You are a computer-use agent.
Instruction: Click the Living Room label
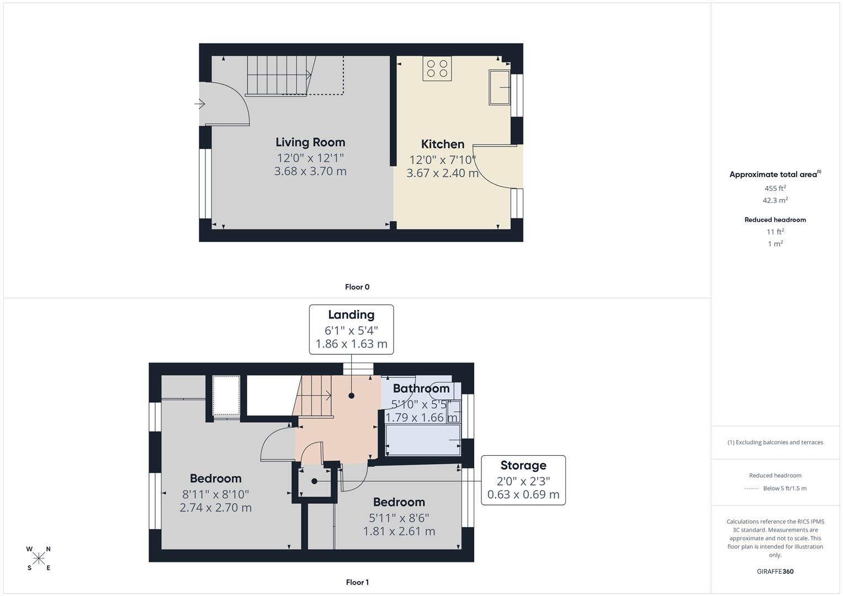[x=310, y=142]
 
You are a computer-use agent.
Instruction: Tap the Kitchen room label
[x=442, y=144]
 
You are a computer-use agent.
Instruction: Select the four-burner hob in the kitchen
[x=437, y=68]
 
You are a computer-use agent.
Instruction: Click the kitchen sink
[x=499, y=87]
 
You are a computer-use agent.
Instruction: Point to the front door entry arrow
[x=200, y=104]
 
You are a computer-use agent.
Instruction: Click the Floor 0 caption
[x=357, y=287]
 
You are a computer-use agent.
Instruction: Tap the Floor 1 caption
[x=357, y=582]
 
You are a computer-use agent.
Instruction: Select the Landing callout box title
[x=351, y=315]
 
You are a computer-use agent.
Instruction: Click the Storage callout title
[x=523, y=465]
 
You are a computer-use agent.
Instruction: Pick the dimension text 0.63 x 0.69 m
[x=523, y=494]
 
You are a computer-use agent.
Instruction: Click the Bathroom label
[x=421, y=389]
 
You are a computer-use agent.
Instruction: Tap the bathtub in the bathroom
[x=423, y=440]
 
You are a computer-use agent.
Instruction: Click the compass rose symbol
[x=39, y=558]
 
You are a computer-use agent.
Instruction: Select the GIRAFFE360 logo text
[x=775, y=571]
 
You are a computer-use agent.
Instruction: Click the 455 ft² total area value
[x=775, y=188]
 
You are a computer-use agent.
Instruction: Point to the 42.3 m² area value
[x=775, y=200]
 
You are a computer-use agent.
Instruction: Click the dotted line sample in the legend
[x=751, y=488]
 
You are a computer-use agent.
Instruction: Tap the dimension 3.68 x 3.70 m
[x=310, y=171]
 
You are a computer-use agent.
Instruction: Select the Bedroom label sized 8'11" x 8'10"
[x=215, y=478]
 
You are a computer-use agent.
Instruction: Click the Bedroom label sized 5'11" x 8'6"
[x=399, y=502]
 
